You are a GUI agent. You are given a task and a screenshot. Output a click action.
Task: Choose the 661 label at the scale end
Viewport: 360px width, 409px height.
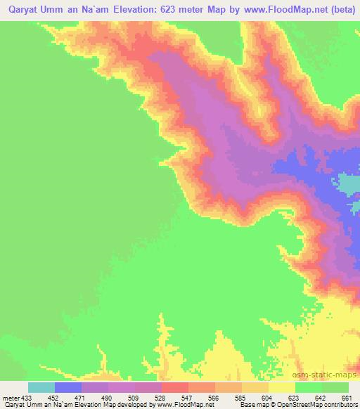tap(346, 397)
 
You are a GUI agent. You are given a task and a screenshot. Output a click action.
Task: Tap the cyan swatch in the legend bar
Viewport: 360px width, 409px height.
tap(41, 387)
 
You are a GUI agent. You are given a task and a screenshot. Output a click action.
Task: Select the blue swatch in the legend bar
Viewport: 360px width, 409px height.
tap(68, 387)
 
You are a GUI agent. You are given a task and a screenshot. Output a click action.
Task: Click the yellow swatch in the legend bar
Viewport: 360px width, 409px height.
tap(281, 387)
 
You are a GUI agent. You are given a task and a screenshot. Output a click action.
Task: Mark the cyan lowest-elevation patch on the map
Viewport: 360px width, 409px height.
tap(349, 184)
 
